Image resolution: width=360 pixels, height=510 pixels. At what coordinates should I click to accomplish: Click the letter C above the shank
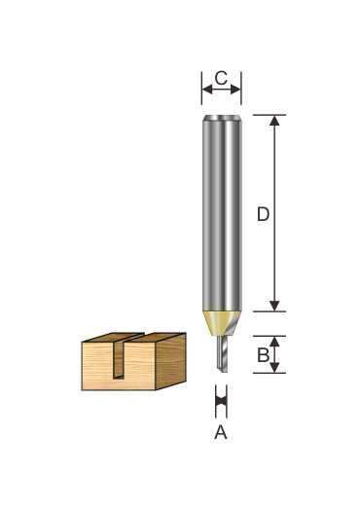(221, 78)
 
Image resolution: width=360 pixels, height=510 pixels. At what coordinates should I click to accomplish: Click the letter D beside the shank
(263, 214)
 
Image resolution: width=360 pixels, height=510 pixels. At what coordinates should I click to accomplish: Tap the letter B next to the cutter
(263, 355)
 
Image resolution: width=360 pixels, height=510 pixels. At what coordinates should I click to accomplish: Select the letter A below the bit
(221, 432)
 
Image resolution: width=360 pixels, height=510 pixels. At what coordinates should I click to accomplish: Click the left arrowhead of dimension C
(207, 89)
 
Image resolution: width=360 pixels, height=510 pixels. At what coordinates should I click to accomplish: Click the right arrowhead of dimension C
(235, 89)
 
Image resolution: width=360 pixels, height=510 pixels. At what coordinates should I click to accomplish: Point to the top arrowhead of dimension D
(274, 121)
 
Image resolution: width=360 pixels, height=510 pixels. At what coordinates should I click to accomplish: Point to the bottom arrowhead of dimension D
(274, 306)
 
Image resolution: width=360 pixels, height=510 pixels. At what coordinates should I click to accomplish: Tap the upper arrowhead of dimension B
(274, 342)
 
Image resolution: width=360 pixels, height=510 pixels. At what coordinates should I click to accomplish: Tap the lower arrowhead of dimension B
(274, 367)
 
